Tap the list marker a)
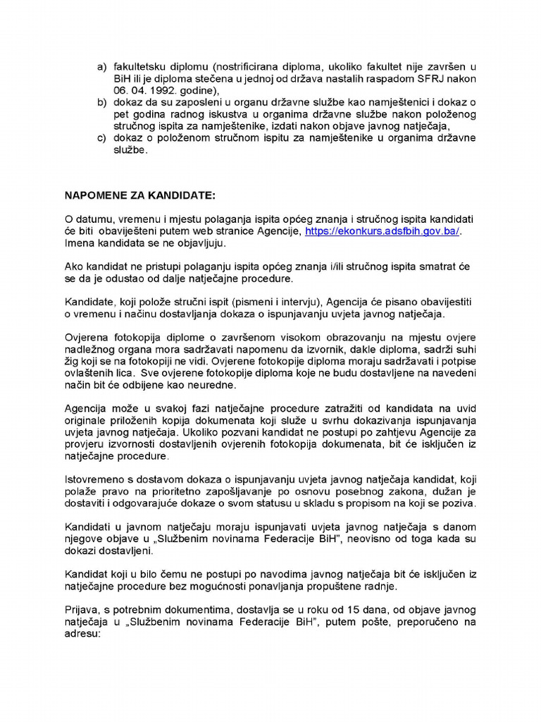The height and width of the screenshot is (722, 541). [x=101, y=67]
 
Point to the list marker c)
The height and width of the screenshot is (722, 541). [x=101, y=138]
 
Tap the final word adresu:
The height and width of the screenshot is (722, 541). [x=83, y=635]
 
